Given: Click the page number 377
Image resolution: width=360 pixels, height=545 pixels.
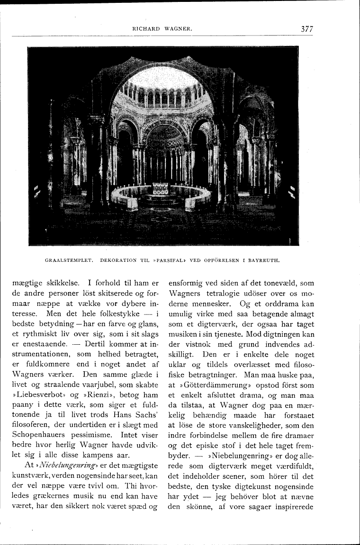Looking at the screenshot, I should pos(307,29).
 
